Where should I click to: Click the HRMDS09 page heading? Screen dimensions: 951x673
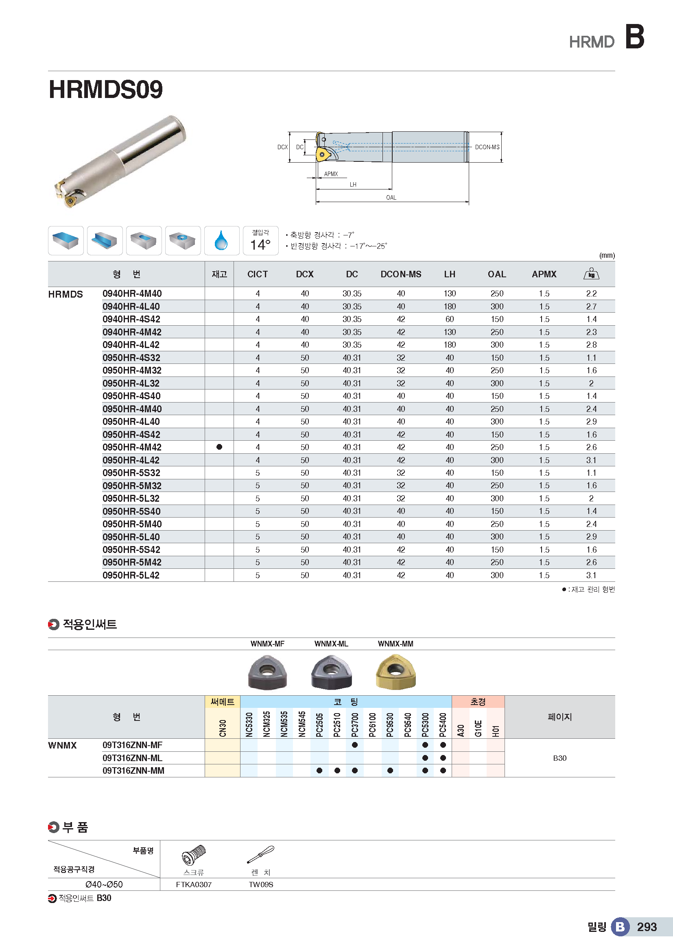tap(106, 89)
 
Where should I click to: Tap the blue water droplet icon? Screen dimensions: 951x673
tap(221, 240)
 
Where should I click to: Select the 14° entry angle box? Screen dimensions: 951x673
tap(260, 241)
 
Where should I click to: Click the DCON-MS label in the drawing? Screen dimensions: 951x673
tap(487, 147)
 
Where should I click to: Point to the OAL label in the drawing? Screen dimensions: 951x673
tap(391, 198)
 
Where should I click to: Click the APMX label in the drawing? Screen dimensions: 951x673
tap(331, 174)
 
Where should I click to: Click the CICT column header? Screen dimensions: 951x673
tap(257, 274)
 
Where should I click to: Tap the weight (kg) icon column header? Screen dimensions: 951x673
tap(591, 274)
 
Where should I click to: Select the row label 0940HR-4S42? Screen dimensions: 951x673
tap(131, 319)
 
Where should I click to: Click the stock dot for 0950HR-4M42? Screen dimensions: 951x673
tap(219, 447)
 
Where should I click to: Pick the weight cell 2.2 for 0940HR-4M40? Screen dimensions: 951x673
tap(591, 294)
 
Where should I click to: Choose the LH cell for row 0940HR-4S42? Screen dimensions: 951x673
tap(450, 319)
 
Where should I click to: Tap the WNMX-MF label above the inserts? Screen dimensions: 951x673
tap(267, 644)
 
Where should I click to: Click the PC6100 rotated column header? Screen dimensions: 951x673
tap(372, 725)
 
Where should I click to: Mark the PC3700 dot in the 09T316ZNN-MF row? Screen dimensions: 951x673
tap(354, 745)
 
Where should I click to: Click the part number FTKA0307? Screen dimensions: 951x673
tap(194, 884)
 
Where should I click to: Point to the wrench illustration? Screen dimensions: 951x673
tap(261, 854)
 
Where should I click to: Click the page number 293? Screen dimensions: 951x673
tap(647, 927)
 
